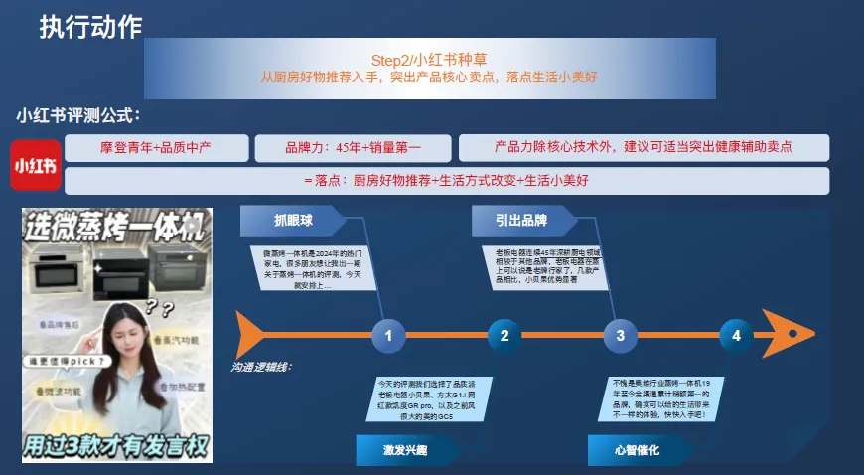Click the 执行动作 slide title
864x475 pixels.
[90, 27]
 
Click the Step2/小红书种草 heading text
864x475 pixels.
[428, 59]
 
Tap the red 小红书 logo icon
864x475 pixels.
[35, 167]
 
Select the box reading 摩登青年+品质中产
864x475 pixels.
[157, 148]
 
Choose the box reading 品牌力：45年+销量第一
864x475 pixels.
[353, 148]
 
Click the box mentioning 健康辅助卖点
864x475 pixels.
[644, 148]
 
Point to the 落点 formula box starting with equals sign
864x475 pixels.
[447, 181]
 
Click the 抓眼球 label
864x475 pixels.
[294, 220]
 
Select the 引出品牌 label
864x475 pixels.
[522, 220]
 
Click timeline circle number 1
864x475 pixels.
[388, 336]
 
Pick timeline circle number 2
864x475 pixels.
[504, 336]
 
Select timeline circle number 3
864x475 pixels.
[621, 336]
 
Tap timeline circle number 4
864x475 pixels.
[736, 336]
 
